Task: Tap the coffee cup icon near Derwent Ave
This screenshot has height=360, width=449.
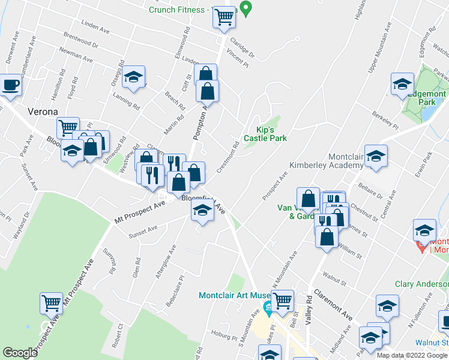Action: click(10, 86)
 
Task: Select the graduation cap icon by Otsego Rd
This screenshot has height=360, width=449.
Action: click(134, 77)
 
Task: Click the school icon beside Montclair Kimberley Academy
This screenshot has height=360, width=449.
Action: click(376, 157)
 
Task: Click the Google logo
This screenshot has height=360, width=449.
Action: click(20, 353)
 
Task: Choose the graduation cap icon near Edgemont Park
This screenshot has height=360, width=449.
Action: click(402, 85)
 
